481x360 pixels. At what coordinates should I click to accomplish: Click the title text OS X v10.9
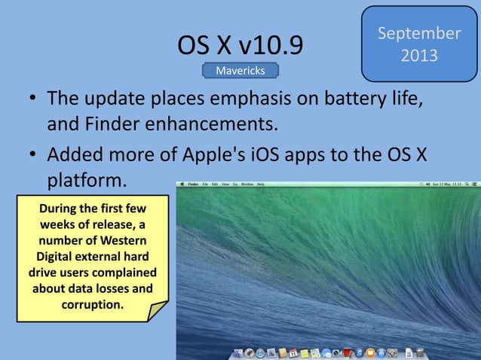(x=240, y=46)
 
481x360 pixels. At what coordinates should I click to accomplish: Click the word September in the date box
(x=419, y=34)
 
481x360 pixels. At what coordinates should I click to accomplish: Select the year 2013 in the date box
(x=419, y=56)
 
